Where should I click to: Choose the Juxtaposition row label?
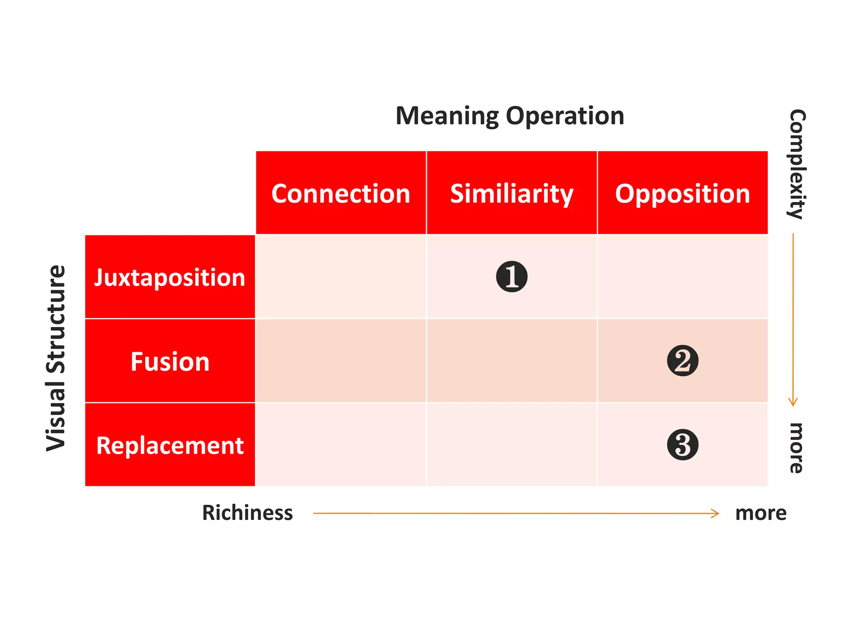[x=170, y=277]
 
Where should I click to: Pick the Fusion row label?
[x=170, y=361]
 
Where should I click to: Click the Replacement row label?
[x=170, y=445]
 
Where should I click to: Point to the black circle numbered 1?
[x=512, y=277]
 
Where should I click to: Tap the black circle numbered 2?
[x=683, y=361]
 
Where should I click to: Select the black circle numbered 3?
[x=683, y=445]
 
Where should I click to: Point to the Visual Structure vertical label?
[x=56, y=358]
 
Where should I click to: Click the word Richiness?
[x=247, y=513]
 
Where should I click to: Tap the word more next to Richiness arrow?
[x=761, y=513]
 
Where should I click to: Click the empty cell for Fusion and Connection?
[x=341, y=361]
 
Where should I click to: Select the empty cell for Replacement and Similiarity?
[x=511, y=445]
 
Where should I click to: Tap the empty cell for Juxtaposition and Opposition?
[x=682, y=277]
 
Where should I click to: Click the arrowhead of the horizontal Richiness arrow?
[x=716, y=513]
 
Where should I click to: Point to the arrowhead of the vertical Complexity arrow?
[x=793, y=402]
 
